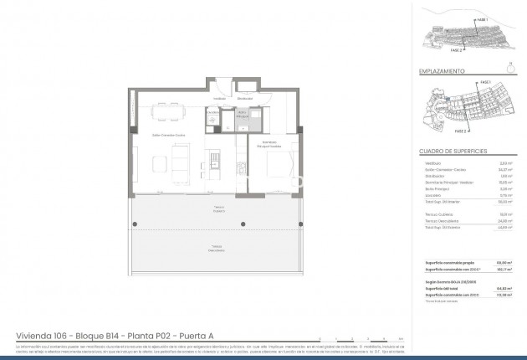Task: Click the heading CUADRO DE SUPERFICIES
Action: coord(452,151)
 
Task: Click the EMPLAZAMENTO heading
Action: coord(442,71)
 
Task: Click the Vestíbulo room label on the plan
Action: coord(219,98)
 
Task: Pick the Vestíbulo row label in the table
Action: coord(432,164)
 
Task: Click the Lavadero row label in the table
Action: coord(432,196)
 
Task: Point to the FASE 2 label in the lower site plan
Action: coord(460,131)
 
